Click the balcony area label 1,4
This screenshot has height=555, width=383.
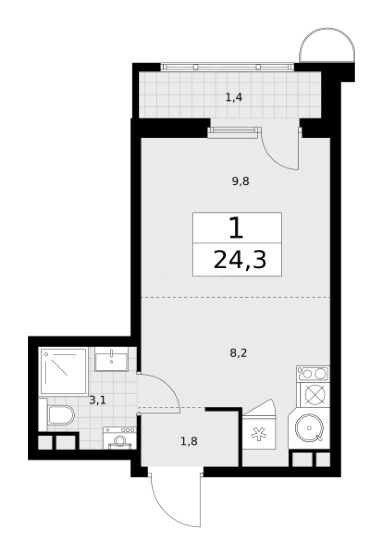coord(233,97)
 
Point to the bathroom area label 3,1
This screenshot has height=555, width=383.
coord(97,400)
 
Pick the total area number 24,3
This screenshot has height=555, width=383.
coord(240,261)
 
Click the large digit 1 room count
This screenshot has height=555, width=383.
coord(236,229)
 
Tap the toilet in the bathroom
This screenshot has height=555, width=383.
coord(59,415)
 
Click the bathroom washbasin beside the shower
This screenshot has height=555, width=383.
coord(111,359)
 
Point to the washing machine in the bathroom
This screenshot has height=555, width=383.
coord(119,438)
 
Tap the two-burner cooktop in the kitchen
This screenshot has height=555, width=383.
coord(313,374)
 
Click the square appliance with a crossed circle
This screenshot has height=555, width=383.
coord(313,395)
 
